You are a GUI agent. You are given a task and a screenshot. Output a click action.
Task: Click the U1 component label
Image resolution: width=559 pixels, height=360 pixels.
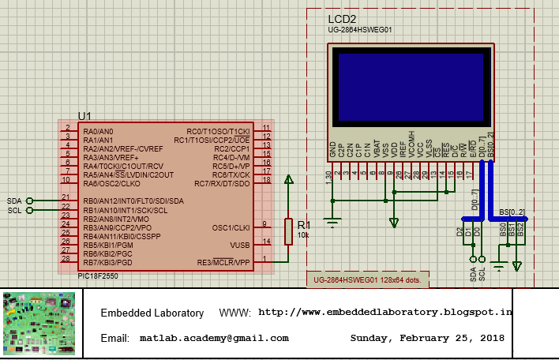pos(84,115)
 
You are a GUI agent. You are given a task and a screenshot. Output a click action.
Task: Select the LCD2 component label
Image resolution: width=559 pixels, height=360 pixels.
pos(341,19)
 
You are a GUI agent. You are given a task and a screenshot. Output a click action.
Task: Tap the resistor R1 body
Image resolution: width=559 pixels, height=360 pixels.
pos(289,231)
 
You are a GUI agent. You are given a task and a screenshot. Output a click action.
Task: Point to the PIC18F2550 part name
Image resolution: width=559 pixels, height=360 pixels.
pos(99,276)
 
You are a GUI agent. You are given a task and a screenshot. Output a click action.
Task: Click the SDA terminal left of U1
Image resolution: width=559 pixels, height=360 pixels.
pos(30,201)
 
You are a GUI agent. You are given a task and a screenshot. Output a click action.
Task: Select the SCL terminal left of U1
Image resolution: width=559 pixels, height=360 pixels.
pos(30,210)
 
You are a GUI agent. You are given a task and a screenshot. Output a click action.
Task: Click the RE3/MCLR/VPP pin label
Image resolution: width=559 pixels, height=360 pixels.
pos(223,262)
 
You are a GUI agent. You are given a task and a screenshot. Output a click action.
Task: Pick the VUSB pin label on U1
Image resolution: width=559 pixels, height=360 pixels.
pos(239,245)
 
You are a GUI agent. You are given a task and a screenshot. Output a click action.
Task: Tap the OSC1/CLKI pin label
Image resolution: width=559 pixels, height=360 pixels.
pos(231,227)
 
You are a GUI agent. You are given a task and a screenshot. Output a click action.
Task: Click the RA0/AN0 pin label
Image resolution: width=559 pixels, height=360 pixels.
pos(98,131)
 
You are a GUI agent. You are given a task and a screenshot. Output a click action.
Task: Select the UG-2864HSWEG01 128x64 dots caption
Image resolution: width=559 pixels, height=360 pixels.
pos(366,280)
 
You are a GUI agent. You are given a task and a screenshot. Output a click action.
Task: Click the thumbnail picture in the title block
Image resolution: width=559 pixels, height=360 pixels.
pos(39,324)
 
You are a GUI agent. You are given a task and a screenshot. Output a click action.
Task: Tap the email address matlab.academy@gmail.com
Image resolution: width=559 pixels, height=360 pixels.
pos(214,338)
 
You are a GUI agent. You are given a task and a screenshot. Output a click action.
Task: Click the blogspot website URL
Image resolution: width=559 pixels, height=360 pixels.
pos(385,312)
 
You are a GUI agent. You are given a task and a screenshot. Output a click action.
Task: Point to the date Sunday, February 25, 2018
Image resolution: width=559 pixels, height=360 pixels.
pos(427,338)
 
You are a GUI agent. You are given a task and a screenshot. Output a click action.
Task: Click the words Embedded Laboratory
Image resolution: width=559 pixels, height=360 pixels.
pos(152,313)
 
